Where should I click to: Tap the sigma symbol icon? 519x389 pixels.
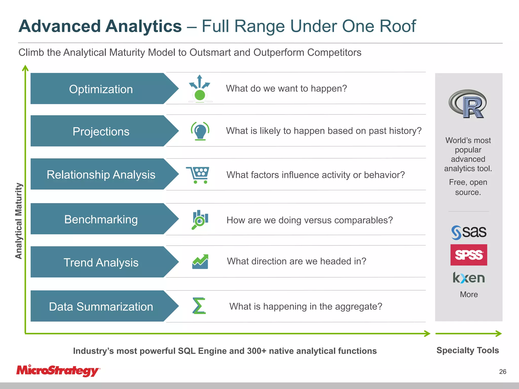point(199,306)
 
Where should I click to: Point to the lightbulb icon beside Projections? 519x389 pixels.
point(200,131)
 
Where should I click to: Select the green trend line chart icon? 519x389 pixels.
point(200,262)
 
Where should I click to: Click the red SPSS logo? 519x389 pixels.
point(469,255)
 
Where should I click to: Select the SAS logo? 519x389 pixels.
point(469,232)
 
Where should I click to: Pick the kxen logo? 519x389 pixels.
point(469,278)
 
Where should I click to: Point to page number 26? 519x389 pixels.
point(503,372)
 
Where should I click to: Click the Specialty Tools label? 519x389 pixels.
point(468,350)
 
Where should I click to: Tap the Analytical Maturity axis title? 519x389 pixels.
point(19,221)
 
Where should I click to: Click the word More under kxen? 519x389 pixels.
point(469,294)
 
